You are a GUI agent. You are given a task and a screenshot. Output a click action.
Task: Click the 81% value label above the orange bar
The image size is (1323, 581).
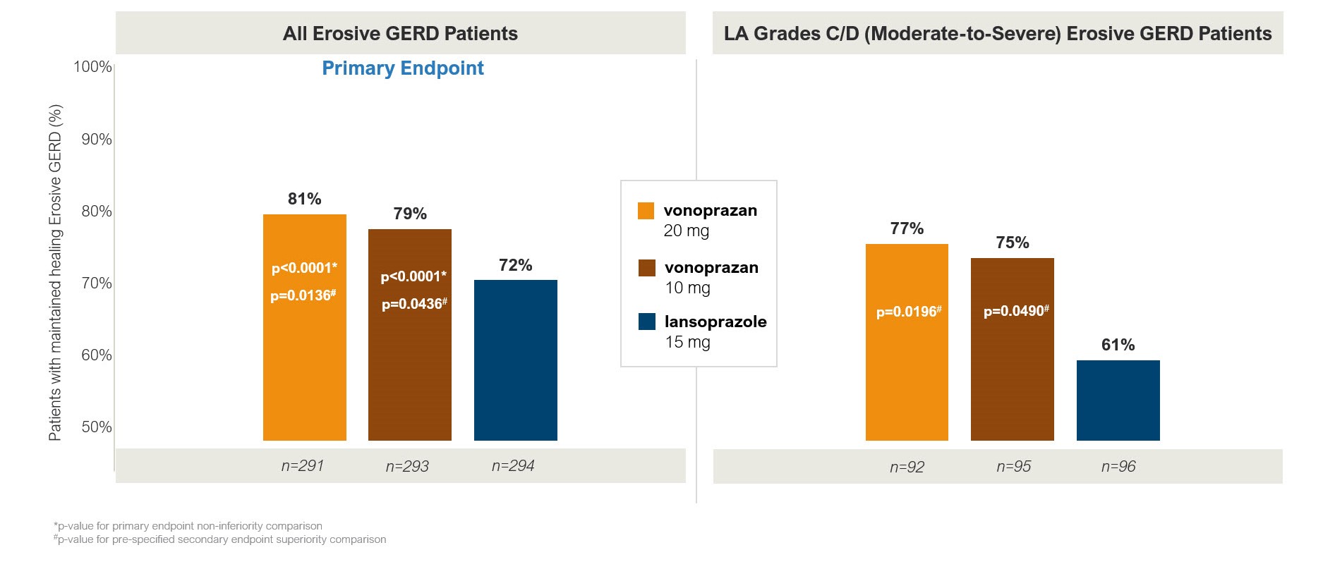click(304, 199)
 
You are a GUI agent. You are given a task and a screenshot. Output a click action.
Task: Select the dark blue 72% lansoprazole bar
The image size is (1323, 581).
click(515, 360)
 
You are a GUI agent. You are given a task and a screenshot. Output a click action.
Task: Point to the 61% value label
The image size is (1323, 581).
click(1118, 345)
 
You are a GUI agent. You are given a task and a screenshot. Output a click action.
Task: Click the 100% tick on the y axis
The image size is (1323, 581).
click(92, 67)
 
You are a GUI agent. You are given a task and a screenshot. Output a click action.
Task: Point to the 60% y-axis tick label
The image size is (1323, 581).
click(96, 355)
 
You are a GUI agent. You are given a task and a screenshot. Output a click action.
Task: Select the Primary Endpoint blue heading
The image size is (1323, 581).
click(403, 68)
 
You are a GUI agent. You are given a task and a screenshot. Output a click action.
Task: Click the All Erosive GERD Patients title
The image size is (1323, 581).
click(400, 33)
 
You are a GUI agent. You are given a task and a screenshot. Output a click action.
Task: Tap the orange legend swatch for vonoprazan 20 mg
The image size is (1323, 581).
click(646, 211)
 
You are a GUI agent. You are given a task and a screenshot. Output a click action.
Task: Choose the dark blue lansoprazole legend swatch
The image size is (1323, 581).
click(646, 322)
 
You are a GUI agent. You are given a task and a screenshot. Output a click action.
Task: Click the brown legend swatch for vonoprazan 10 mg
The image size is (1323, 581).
click(646, 268)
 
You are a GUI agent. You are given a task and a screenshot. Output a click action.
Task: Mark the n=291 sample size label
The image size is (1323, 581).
click(302, 466)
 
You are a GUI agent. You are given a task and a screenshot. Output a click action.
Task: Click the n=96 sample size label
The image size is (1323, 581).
click(1118, 467)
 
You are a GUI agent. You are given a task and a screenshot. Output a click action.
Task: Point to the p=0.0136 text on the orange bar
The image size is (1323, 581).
click(303, 295)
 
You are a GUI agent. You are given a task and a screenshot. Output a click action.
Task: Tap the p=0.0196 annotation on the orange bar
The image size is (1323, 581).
click(908, 312)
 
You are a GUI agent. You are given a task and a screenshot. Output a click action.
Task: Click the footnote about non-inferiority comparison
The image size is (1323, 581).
click(188, 526)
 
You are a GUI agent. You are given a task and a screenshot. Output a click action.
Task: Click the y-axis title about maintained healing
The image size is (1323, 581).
click(55, 272)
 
